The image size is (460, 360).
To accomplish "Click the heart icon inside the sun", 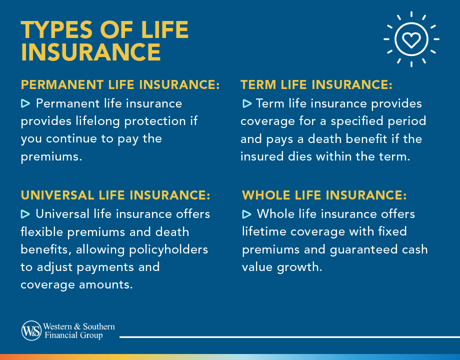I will click(x=411, y=39).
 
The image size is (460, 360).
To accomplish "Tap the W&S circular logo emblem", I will click(x=31, y=331).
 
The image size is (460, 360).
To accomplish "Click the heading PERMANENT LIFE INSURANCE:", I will click(x=120, y=85).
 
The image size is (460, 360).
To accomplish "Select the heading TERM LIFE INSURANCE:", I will click(x=316, y=85).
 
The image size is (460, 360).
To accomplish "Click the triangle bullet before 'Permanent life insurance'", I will click(x=25, y=103).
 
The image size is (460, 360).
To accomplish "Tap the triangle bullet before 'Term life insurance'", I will click(x=246, y=103).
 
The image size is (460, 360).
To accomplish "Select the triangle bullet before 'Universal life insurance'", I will click(x=25, y=214).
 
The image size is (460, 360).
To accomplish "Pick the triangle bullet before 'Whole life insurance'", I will click(x=246, y=214).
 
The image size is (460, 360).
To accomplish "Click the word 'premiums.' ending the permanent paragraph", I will click(x=51, y=156).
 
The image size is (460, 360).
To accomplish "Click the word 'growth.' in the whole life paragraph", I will click(x=301, y=266).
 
